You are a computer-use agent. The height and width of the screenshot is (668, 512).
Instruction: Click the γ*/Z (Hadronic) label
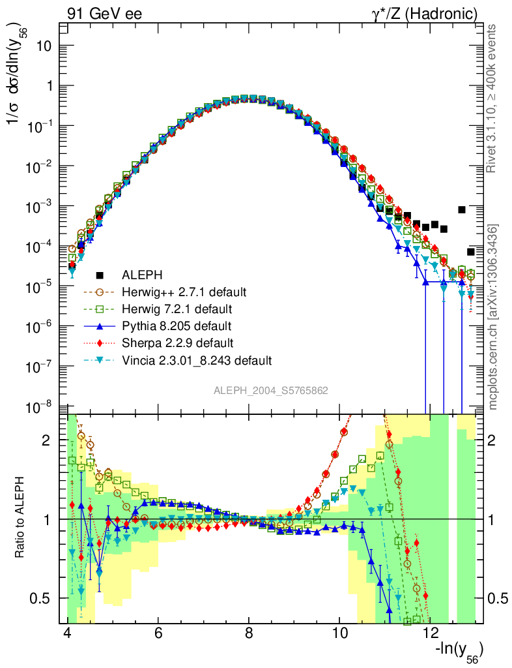(424, 13)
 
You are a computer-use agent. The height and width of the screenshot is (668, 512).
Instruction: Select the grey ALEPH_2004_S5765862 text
(270, 391)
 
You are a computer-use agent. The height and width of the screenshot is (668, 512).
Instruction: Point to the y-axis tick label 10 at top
(44, 46)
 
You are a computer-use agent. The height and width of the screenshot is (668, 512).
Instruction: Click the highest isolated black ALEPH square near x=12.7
(462, 209)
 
